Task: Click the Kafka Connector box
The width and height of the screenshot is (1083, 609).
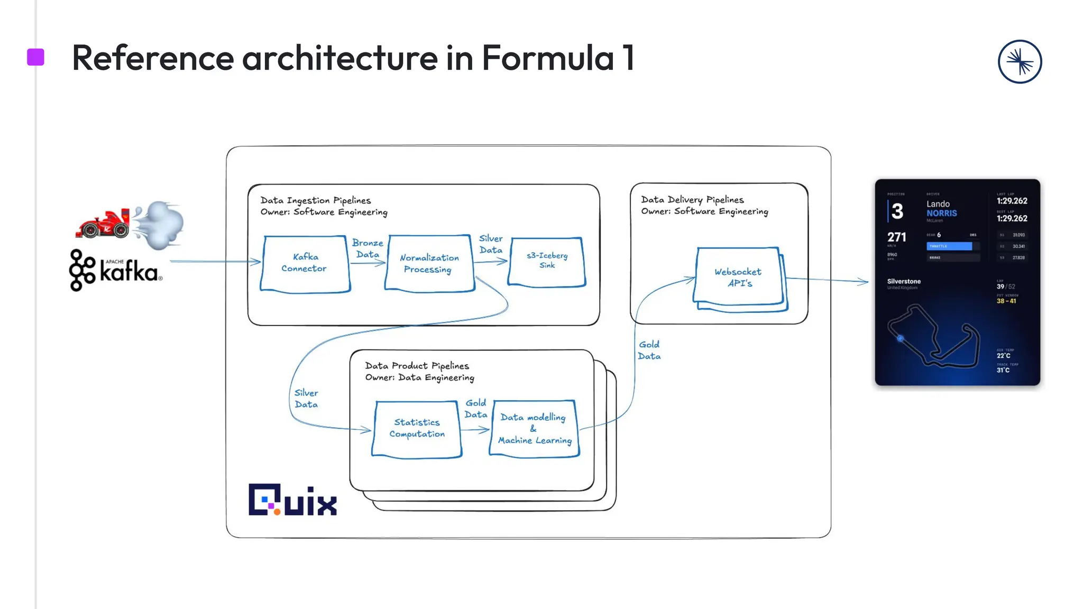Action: (305, 263)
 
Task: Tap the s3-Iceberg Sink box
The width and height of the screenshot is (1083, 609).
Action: (547, 261)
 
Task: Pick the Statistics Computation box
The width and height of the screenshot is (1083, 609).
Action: (417, 428)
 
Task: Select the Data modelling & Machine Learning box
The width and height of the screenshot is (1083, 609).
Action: (534, 428)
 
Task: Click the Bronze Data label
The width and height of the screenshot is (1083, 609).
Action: (368, 248)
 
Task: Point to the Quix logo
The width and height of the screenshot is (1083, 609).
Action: (292, 500)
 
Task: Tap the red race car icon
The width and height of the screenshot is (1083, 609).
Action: (104, 224)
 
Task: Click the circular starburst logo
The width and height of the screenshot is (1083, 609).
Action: (1020, 62)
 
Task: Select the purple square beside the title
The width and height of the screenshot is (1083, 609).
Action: (35, 57)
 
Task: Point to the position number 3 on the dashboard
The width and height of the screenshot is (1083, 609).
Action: (897, 211)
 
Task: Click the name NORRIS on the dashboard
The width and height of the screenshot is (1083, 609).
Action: (941, 213)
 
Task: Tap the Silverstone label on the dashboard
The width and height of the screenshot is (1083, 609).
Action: (904, 281)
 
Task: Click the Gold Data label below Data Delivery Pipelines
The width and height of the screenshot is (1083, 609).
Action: (649, 350)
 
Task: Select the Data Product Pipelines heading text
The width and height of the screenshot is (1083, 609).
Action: (417, 366)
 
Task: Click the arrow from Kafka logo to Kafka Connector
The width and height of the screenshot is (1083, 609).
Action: (214, 261)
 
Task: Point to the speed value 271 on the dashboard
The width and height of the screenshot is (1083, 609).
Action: (896, 237)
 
